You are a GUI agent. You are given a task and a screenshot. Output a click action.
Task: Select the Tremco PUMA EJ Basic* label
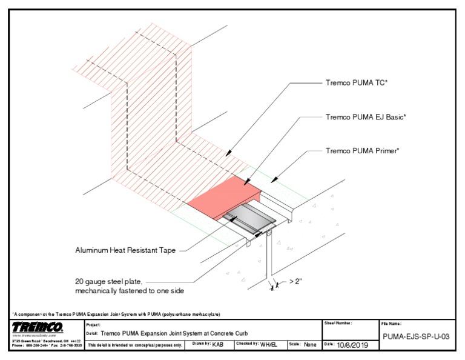[x=365, y=117]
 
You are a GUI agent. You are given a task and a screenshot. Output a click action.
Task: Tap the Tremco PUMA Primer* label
[x=362, y=150]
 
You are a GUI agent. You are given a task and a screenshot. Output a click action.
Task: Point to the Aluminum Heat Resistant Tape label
[x=127, y=249]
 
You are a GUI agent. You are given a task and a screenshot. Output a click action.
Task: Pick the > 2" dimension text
[x=292, y=282]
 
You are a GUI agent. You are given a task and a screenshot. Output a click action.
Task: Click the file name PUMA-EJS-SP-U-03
[x=415, y=338]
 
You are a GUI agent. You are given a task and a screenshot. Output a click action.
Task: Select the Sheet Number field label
[x=338, y=323]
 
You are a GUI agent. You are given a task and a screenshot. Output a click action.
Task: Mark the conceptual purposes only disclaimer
[x=135, y=345]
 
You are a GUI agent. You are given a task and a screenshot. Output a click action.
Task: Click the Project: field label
[x=93, y=324]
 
